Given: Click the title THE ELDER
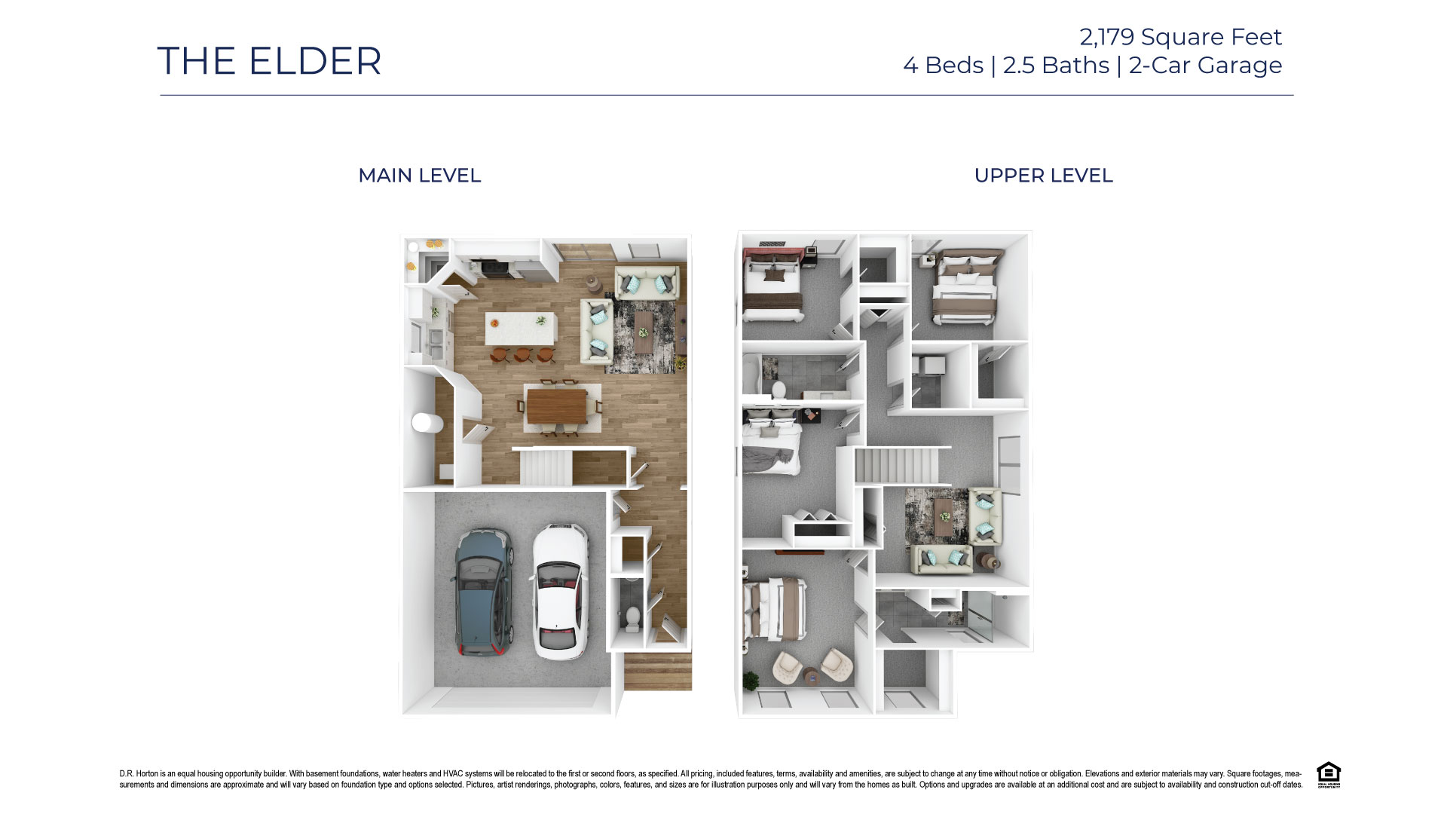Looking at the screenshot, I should tap(269, 61).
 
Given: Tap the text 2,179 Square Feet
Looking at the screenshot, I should tap(1180, 37).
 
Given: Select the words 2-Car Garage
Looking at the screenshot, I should tap(1205, 66).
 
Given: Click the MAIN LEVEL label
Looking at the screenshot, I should tap(419, 176).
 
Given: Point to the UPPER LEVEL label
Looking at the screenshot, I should tap(1043, 176).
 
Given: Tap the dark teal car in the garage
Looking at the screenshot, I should tap(483, 592).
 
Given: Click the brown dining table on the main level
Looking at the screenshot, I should tap(556, 405).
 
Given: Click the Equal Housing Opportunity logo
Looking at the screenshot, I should tap(1328, 775).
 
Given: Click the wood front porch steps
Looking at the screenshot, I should tap(657, 672).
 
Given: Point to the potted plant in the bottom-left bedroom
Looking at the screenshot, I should tap(750, 681).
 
